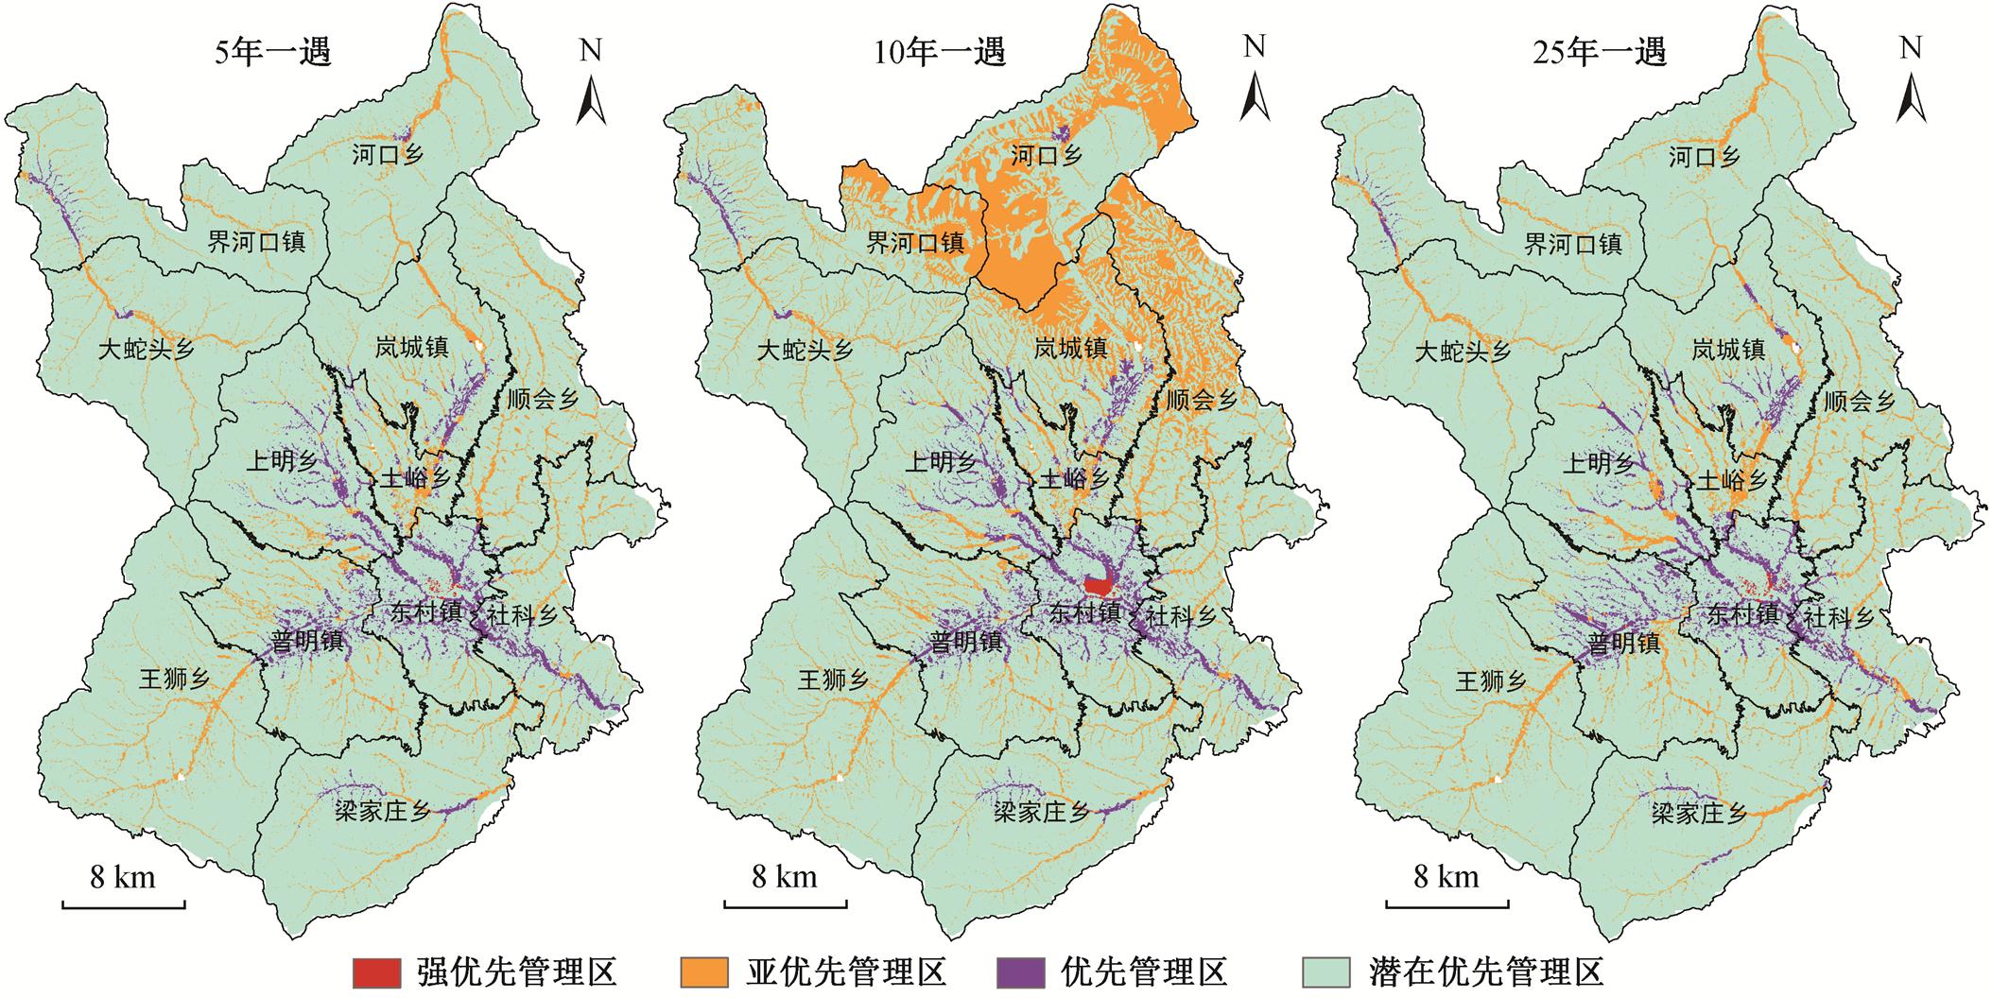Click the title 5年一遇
tap(274, 52)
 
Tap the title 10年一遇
tap(938, 52)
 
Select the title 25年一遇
tap(1599, 52)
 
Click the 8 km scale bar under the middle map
tap(785, 905)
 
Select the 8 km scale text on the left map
tap(123, 877)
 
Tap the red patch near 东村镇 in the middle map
tap(1099, 586)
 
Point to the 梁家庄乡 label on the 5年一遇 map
tap(383, 811)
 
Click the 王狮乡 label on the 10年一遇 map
tap(833, 680)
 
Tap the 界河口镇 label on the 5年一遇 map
tap(256, 242)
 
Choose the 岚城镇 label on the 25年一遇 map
tap(1728, 350)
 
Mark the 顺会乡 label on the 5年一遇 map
tap(543, 400)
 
